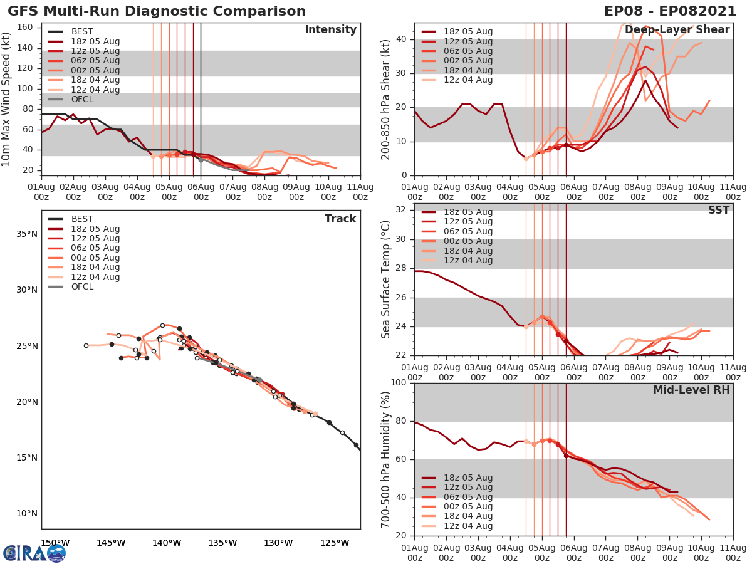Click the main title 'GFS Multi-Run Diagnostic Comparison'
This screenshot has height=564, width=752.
pyautogui.click(x=157, y=11)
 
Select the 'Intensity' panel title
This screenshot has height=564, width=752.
pyautogui.click(x=330, y=30)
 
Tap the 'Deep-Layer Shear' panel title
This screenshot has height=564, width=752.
pyautogui.click(x=677, y=30)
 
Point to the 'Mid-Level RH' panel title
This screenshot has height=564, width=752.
pyautogui.click(x=691, y=390)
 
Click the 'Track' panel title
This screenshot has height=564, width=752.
pyautogui.click(x=340, y=219)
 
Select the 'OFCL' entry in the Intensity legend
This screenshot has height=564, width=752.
pyautogui.click(x=83, y=100)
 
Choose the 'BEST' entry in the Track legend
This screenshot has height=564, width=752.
pyautogui.click(x=82, y=219)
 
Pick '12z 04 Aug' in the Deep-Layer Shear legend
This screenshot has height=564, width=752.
pyautogui.click(x=468, y=80)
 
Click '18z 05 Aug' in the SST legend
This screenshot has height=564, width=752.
pyautogui.click(x=468, y=212)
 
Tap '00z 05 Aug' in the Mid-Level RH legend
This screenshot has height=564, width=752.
pyautogui.click(x=468, y=507)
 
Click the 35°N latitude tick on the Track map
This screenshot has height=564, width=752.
pyautogui.click(x=27, y=234)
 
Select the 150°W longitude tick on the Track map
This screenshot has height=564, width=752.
pyautogui.click(x=55, y=543)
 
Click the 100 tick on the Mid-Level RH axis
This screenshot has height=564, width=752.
pyautogui.click(x=401, y=383)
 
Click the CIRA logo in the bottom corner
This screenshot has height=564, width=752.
pyautogui.click(x=34, y=553)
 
